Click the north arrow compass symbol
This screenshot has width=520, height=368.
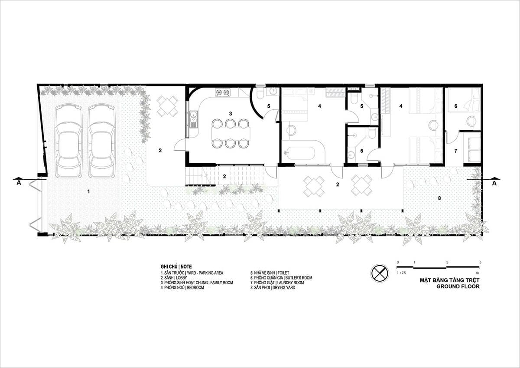pos(380,273)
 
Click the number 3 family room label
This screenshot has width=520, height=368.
pos(230,113)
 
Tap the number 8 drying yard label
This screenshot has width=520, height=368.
pos(439,198)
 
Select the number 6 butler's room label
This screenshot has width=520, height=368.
pos(456,106)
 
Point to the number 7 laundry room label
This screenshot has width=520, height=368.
pos(456,151)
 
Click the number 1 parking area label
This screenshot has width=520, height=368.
pos(88,191)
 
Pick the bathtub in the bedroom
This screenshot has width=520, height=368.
pos(299,153)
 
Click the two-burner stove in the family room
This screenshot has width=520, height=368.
pos(223,93)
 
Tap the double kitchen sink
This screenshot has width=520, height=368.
pos(193,119)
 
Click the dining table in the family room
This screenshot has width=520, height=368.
pos(231,133)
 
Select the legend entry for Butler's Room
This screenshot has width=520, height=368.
pos(281,278)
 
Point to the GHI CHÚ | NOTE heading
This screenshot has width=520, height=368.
pos(176,266)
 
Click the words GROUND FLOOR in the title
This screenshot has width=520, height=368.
pos(458,286)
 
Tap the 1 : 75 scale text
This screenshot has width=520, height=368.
pos(401,273)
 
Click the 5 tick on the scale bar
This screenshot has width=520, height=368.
pos(480,262)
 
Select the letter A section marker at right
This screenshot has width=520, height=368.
pos(494,184)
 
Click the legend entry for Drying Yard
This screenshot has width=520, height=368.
pos(273,288)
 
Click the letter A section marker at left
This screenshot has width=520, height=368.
pos(19,183)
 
